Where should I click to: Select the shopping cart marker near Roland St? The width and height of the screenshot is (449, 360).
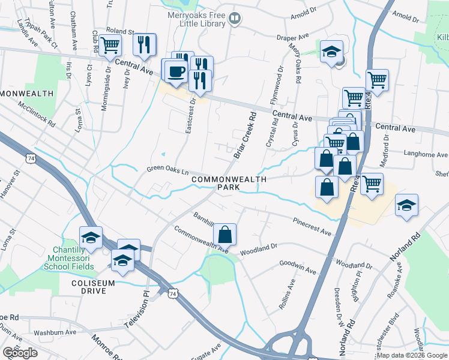click(x=110, y=45)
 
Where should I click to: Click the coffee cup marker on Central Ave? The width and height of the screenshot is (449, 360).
click(x=176, y=71)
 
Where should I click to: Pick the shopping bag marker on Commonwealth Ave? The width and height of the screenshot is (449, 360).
click(x=224, y=235)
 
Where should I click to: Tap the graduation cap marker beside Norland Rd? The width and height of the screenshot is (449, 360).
click(x=406, y=206)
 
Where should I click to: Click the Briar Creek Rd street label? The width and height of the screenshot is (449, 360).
click(x=245, y=135)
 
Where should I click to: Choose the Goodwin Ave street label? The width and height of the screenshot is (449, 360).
click(x=298, y=268)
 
